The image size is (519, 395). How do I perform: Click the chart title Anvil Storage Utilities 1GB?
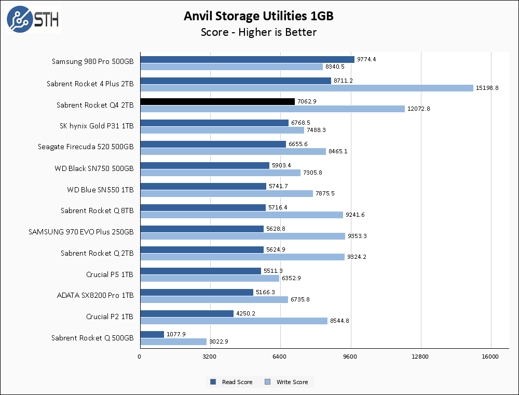258,16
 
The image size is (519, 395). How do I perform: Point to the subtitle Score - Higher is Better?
258,32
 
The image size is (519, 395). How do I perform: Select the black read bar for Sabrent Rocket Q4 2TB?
217,102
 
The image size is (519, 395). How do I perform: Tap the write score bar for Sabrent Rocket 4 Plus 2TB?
307,88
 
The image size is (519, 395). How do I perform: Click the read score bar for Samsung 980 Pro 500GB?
247,59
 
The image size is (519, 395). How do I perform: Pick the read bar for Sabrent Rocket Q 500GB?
152,334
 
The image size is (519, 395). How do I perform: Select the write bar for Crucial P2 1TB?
234,321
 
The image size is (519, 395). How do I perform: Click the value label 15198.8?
487,88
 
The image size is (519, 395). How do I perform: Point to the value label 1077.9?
176,334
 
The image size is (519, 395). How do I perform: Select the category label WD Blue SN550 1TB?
100,190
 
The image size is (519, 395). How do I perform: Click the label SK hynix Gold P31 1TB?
97,126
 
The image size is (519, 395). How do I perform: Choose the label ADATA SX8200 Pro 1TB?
95,296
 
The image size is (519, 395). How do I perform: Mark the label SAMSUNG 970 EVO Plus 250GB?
81,232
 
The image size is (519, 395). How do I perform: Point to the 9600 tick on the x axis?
351,357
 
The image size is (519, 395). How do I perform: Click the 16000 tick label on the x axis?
490,357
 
